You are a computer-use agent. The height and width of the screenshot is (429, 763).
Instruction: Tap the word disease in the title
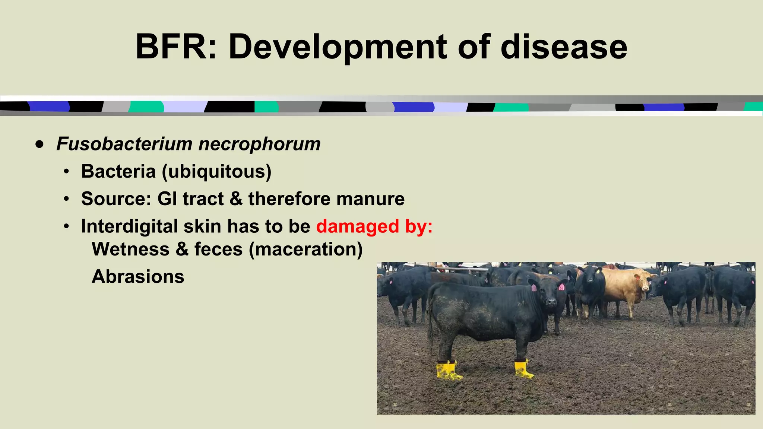564,47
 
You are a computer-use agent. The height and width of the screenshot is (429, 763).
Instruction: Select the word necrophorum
259,144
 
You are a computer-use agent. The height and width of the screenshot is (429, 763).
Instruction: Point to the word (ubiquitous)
216,171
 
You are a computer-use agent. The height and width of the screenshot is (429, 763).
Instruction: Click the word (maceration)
305,249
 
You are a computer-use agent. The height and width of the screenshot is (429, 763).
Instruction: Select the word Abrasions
138,276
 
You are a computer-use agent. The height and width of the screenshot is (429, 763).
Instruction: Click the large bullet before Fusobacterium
40,144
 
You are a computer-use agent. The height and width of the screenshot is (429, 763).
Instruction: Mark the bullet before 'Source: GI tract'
66,199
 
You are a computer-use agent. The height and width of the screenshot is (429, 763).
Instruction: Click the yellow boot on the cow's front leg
523,369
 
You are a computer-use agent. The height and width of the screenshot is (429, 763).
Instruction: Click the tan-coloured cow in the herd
626,287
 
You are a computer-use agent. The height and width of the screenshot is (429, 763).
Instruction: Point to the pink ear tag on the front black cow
534,288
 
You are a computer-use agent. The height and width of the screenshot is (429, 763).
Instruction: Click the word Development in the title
337,47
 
